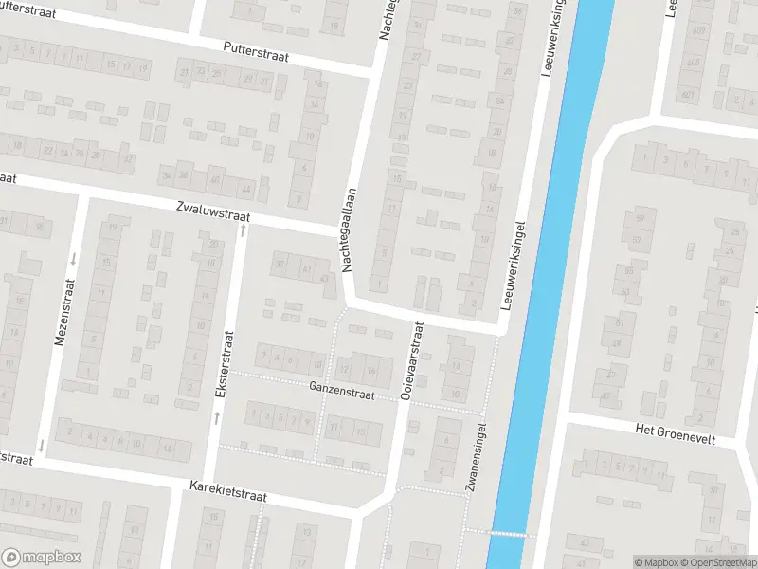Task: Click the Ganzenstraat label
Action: pos(341,393)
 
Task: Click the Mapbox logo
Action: pos(42,558)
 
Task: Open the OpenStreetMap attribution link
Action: pos(721,562)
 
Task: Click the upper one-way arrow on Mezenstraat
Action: pos(73,258)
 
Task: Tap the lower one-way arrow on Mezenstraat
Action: pos(42,445)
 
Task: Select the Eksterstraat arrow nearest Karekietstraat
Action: pos(217,416)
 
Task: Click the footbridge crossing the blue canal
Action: pos(510,532)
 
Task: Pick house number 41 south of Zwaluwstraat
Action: pos(306,269)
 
